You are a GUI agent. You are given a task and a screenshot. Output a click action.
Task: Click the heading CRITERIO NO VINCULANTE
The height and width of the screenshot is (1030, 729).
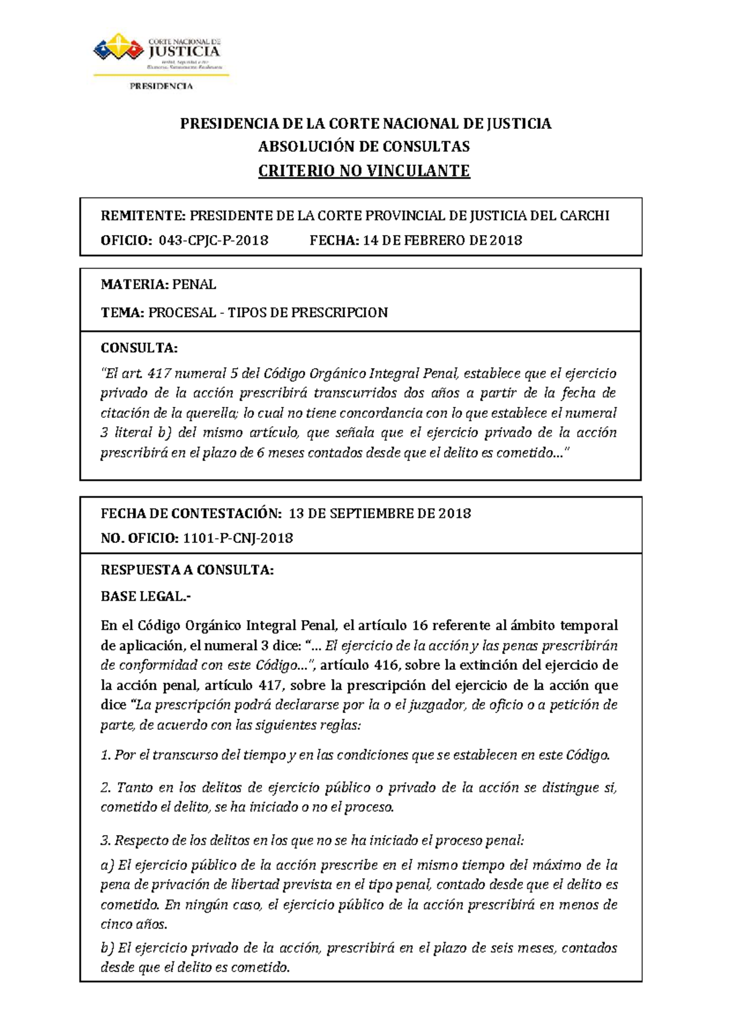364,171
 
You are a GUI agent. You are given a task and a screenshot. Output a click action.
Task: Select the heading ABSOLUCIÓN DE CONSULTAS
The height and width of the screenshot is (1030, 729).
364,146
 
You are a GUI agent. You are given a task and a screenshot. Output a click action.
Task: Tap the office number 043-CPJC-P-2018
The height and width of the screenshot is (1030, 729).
213,240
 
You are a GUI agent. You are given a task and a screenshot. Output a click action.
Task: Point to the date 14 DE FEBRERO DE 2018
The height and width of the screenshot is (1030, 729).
442,240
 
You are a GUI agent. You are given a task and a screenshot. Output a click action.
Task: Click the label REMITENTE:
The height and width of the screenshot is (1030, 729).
143,216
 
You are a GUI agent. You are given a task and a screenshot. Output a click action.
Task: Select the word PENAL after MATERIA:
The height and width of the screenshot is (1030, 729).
194,285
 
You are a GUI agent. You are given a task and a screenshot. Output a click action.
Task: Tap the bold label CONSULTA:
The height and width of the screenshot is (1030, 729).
139,348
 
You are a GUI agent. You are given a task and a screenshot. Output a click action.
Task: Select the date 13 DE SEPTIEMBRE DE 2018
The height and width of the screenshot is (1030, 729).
380,514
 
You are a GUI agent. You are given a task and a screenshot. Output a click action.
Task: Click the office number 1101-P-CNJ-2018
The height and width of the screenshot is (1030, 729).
238,539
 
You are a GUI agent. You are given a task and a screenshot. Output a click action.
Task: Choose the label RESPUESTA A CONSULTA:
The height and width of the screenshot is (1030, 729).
187,570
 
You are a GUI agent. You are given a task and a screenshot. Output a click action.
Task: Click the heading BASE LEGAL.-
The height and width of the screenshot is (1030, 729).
146,596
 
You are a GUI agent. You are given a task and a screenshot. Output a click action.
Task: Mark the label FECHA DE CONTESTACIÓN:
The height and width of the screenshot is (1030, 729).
191,514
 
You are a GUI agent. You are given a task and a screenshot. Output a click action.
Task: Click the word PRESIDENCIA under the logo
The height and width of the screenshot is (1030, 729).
161,86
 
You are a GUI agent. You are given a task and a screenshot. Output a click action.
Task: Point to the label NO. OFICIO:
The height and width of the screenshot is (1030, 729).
139,539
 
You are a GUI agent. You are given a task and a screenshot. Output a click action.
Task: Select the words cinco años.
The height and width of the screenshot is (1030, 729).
133,925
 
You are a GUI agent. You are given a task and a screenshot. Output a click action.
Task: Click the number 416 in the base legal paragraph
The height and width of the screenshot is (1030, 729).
386,665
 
